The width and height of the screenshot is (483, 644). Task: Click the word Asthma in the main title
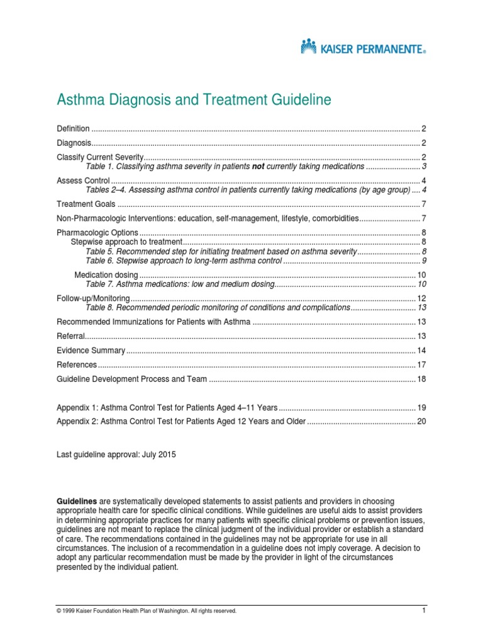80,100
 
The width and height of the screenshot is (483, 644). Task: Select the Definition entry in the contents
74,128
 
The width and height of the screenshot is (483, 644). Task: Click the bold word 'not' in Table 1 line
258,167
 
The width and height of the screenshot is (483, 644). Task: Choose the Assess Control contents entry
79,180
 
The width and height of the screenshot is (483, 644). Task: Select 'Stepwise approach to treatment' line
126,242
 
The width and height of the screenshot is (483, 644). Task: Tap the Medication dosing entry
106,275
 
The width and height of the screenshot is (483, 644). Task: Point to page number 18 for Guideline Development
422,379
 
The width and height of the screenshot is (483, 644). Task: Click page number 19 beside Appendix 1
422,407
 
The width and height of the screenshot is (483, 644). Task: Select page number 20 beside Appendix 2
422,421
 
